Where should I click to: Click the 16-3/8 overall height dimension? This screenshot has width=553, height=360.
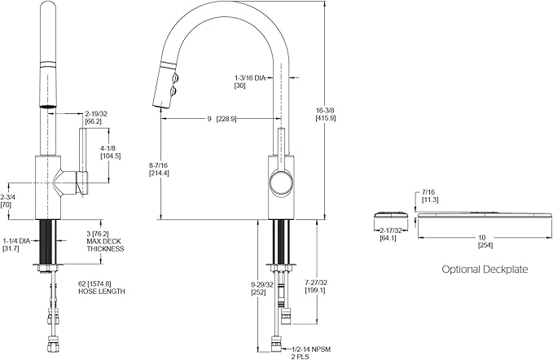pyautogui.click(x=326, y=112)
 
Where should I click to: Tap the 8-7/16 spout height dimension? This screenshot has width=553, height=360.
pyautogui.click(x=159, y=168)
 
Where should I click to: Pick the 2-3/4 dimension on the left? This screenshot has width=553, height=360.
pyautogui.click(x=7, y=201)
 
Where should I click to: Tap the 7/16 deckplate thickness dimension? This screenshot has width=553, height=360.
pyautogui.click(x=431, y=195)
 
